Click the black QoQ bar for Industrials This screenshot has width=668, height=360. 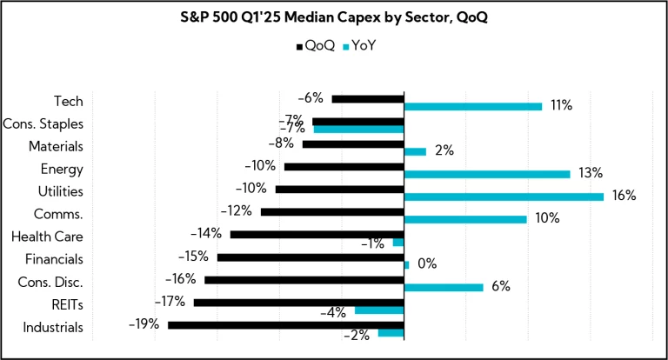point(286,324)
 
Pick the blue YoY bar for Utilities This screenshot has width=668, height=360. point(504,197)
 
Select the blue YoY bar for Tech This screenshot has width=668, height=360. point(473,106)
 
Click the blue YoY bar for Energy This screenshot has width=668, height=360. point(487,174)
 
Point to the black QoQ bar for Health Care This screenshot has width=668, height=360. point(317,234)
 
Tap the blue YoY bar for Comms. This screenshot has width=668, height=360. point(465,219)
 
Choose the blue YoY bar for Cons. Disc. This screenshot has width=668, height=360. point(444,287)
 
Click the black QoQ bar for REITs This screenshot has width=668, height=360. point(298,302)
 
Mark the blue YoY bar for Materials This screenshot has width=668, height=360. point(415,151)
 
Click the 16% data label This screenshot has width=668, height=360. point(624,197)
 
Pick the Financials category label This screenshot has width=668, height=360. point(54,259)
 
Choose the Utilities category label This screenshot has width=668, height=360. point(61,191)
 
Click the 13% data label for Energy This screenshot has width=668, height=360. point(591,174)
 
